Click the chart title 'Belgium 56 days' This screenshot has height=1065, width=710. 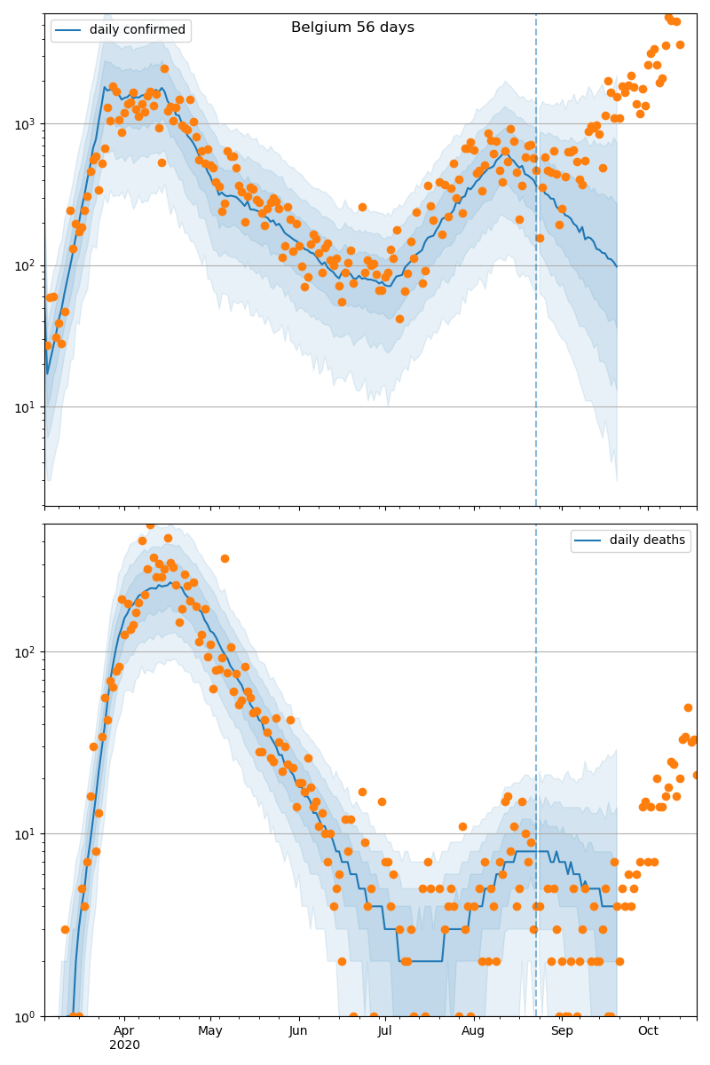tap(352, 28)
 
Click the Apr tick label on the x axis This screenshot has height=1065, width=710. tap(124, 1030)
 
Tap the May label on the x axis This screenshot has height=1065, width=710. tap(210, 1030)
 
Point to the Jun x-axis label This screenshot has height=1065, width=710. tap(298, 1030)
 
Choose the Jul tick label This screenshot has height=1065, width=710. tap(384, 1030)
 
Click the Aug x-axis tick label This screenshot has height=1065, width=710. tap(473, 1030)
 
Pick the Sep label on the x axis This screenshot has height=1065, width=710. tap(562, 1030)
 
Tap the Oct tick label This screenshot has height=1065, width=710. tap(648, 1030)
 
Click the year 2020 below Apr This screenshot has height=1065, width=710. tap(124, 1045)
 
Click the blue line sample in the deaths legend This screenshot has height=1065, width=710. tap(588, 540)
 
